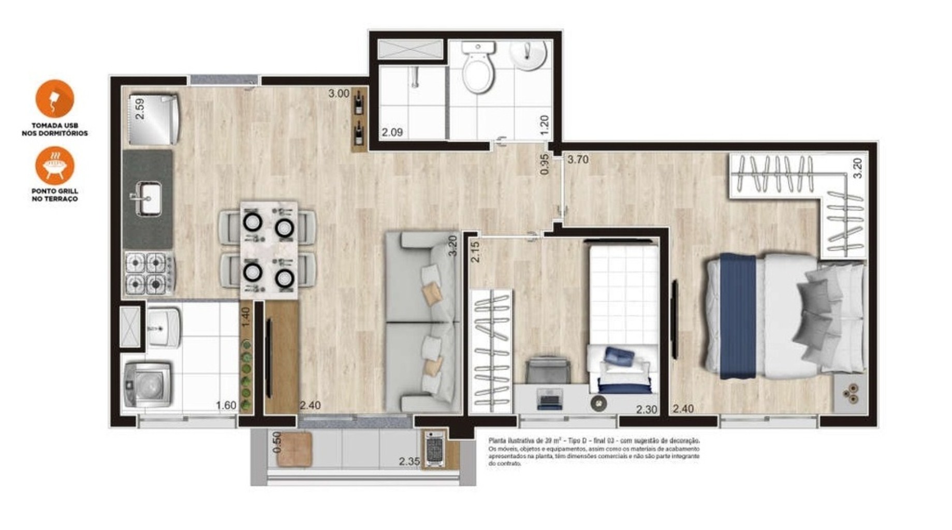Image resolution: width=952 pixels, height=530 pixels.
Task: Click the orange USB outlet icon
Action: tap(54, 99)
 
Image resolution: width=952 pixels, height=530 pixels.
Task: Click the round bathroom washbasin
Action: tap(528, 54)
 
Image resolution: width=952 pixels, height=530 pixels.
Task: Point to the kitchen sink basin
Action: tap(149, 198)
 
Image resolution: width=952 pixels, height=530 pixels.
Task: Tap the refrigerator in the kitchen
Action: tap(153, 120)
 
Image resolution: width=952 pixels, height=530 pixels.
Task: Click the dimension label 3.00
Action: tap(339, 94)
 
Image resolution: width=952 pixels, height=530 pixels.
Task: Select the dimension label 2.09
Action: tap(392, 132)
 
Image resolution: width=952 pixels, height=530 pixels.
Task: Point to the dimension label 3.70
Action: tap(578, 159)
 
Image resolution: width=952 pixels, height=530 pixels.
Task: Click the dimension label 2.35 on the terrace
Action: tap(409, 461)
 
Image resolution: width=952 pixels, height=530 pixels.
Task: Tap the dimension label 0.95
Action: tap(544, 164)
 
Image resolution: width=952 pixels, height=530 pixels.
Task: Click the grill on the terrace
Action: tap(434, 449)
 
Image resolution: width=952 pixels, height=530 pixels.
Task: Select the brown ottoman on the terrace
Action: tap(294, 449)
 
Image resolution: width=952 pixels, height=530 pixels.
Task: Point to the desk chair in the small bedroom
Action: tap(548, 370)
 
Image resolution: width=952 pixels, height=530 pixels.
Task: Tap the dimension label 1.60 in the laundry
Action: tap(226, 405)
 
